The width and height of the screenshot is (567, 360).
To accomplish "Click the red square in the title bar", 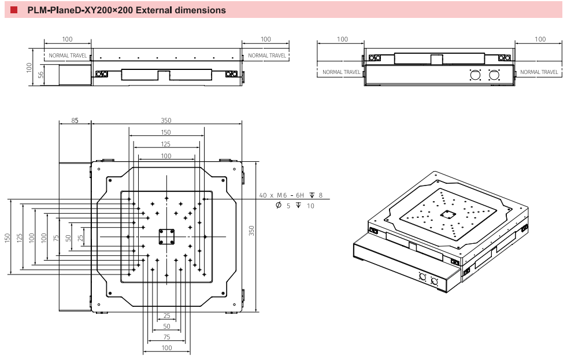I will point(14,10).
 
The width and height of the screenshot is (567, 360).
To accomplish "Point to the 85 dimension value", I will point(75,121).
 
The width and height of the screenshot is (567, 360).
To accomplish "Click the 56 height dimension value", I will point(40,75).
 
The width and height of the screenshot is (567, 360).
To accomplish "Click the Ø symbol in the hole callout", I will point(279,206).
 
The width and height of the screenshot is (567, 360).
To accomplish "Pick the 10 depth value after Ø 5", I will point(310,206).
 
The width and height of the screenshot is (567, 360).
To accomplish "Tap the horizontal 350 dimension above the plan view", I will point(166,121).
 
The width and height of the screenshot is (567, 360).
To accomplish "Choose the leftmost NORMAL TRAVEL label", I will point(67,55).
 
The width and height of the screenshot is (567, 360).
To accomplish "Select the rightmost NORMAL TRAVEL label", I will point(539,72).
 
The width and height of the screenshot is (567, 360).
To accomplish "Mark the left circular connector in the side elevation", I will point(476,75).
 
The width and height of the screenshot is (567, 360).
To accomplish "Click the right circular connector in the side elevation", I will point(494,75).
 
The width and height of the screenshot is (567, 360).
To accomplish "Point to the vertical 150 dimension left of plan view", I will point(8,237).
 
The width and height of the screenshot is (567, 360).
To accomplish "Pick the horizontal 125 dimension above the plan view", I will point(166,144).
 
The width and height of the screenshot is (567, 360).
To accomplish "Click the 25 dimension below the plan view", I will point(166,316).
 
